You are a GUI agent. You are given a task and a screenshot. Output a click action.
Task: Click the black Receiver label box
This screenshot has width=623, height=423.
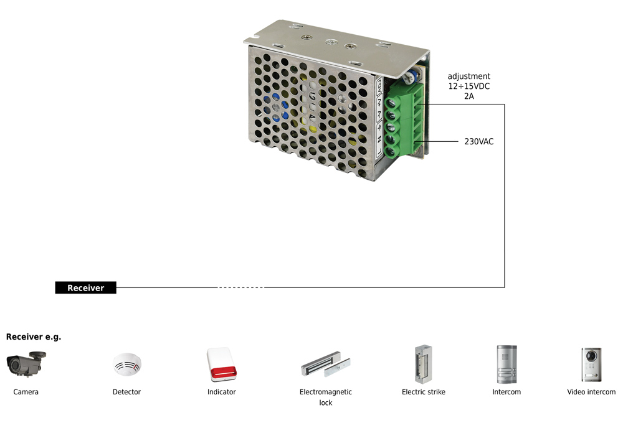[x=86, y=288]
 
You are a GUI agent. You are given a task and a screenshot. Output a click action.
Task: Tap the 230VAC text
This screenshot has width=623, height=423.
[x=478, y=141]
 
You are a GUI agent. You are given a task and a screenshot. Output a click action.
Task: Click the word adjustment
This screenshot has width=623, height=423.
[x=469, y=77]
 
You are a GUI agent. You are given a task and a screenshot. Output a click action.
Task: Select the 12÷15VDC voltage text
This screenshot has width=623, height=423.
[x=469, y=86]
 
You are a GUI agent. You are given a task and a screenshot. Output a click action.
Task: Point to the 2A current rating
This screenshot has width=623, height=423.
[x=469, y=96]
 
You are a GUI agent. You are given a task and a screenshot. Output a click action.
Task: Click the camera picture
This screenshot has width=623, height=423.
[x=26, y=363]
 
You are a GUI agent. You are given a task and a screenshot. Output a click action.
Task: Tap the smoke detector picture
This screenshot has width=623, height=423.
[x=127, y=365]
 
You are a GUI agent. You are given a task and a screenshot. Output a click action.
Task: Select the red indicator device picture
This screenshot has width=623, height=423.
[x=222, y=365]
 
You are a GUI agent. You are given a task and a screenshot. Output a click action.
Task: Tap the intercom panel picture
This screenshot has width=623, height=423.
[x=506, y=365]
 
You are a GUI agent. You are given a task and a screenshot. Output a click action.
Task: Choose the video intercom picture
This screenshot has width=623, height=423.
[x=591, y=365]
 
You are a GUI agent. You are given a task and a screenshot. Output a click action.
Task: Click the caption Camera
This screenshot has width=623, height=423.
[x=26, y=392]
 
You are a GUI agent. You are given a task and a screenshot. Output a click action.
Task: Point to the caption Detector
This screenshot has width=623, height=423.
[x=127, y=392]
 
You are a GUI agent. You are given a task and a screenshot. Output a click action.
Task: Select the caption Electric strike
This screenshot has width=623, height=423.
[x=424, y=392]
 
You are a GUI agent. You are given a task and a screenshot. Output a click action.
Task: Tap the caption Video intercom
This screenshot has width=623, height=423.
[x=591, y=392]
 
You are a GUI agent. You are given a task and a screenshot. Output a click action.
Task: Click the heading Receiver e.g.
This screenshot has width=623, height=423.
[x=34, y=337]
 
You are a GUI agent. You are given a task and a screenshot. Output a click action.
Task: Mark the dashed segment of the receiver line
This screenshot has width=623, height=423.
[x=240, y=287]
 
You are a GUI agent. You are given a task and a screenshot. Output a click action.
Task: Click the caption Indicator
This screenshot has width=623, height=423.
[x=222, y=392]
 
